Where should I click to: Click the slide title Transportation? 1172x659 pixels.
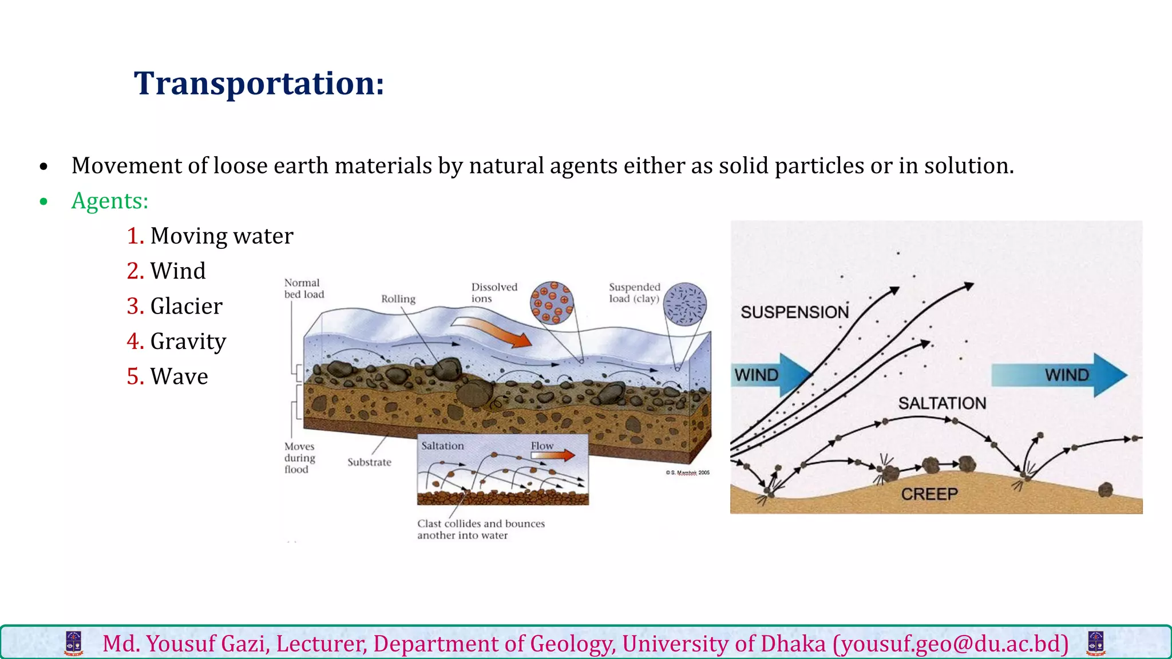click(x=259, y=84)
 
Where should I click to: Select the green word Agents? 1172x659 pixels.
click(x=110, y=201)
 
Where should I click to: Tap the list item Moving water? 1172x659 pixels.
click(x=221, y=236)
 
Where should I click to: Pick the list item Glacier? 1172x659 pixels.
click(x=186, y=307)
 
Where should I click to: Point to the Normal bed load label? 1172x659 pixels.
click(x=304, y=288)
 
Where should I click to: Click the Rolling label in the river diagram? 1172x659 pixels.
click(x=398, y=299)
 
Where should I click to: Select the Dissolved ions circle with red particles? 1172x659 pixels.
click(x=552, y=303)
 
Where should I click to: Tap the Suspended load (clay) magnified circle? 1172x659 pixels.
click(x=684, y=304)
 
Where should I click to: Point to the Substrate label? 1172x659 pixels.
click(x=369, y=462)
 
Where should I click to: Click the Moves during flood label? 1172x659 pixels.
click(x=300, y=458)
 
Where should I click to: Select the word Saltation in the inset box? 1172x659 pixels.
click(x=442, y=446)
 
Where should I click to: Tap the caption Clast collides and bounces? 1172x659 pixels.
click(x=481, y=523)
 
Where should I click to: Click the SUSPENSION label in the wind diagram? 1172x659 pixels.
click(x=794, y=312)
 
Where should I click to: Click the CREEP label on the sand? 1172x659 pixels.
click(x=929, y=494)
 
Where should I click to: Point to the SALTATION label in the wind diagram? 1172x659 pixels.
click(x=942, y=403)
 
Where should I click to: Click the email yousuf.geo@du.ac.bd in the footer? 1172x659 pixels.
click(x=951, y=644)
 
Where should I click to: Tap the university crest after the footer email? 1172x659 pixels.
click(x=1096, y=644)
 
